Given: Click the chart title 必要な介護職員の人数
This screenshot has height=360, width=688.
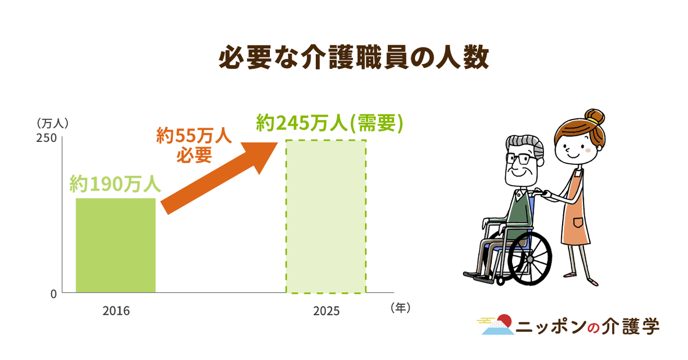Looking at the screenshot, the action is pos(354,58).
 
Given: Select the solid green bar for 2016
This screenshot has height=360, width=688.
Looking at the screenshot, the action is pos(116,245).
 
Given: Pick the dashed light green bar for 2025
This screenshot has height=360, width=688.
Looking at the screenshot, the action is pos(326,217).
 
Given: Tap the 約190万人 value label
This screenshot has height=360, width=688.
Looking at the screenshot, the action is pos(115,183).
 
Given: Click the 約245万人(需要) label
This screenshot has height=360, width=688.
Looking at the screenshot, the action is pos(330,123).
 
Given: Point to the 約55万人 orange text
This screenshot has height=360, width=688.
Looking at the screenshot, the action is pos(194,135).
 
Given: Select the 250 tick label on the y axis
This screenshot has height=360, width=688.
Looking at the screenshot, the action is pos(46,138).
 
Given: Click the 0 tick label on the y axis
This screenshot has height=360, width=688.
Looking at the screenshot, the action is pos(53,294).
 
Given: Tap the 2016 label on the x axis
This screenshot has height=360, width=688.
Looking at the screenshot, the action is pos(116,311).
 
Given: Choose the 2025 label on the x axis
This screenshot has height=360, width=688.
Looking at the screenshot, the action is pos(326,311).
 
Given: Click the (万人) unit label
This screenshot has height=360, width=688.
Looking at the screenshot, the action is pos(52,124).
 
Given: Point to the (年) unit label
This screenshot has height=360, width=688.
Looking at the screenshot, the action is pos(401,308).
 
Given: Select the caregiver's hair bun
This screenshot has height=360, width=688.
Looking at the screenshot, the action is pos(594,117).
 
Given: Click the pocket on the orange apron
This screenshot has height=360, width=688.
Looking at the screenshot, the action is pos(578,222).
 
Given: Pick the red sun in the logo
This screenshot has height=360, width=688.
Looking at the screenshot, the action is pos(505,320).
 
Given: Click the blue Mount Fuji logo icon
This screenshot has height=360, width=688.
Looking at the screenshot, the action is pos(498,327).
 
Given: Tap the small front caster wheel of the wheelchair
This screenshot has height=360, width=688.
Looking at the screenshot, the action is pos(500,281).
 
